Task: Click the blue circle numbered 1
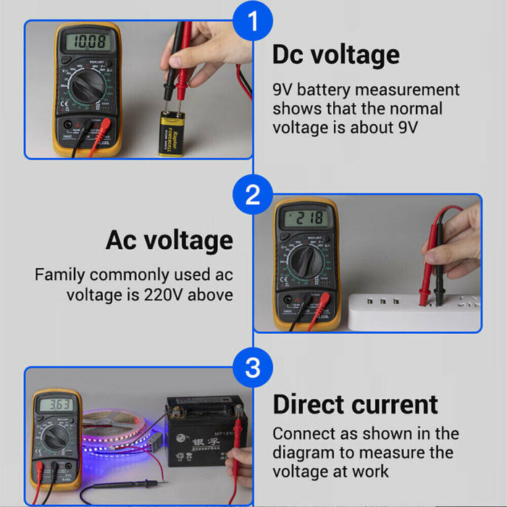point(252,22)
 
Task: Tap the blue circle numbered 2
point(252,195)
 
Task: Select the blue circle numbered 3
point(252,367)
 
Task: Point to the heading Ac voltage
point(169,240)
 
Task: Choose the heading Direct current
point(355,404)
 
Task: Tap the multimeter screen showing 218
point(304,218)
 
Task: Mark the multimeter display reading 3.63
point(55,405)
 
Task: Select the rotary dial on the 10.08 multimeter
point(85,91)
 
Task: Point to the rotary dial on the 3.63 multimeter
point(55,438)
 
